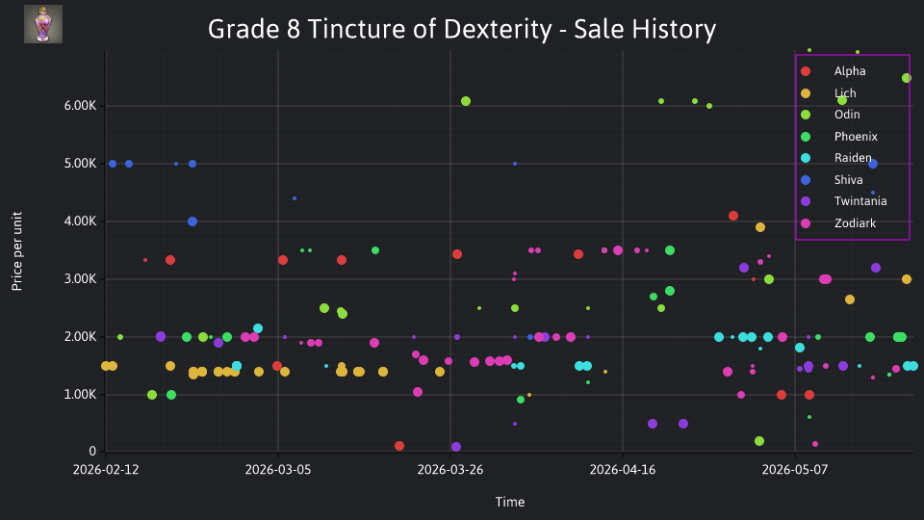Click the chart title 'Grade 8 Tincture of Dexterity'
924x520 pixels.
pyautogui.click(x=380, y=29)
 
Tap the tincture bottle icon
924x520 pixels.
pyautogui.click(x=43, y=24)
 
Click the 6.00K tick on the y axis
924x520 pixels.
pyautogui.click(x=80, y=106)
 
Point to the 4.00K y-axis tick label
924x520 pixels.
pyautogui.click(x=80, y=221)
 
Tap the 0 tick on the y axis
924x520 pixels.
pyautogui.click(x=92, y=452)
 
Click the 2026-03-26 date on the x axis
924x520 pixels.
pyautogui.click(x=450, y=470)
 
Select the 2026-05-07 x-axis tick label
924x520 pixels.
pyautogui.click(x=795, y=470)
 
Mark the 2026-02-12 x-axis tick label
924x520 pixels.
pyautogui.click(x=106, y=470)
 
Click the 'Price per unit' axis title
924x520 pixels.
pyautogui.click(x=17, y=251)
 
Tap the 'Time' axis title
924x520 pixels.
pyautogui.click(x=510, y=503)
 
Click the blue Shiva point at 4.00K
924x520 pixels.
pyautogui.click(x=192, y=221)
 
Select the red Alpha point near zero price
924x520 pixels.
pyautogui.click(x=398, y=446)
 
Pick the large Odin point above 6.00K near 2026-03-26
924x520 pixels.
pyautogui.click(x=466, y=101)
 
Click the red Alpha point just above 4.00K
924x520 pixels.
pyautogui.click(x=733, y=216)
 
